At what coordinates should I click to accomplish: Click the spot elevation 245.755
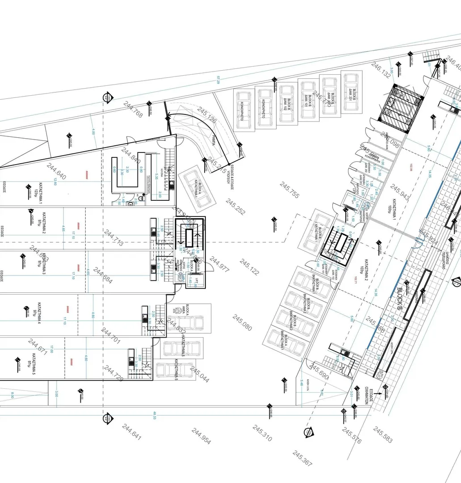coord(289,190)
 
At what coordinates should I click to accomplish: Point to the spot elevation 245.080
coord(242,322)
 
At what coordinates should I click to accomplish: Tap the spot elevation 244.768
coord(133,110)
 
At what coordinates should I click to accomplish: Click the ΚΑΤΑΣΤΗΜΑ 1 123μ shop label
coord(38,187)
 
